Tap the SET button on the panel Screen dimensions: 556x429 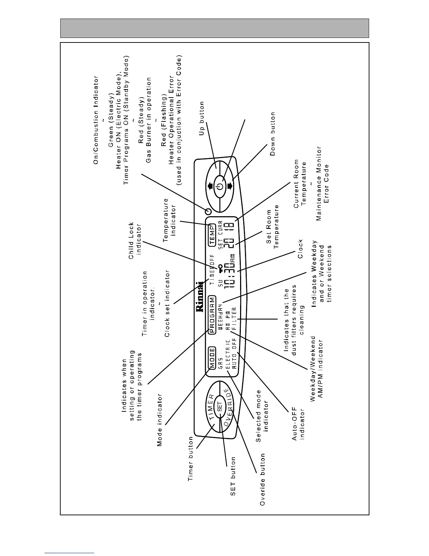point(220,406)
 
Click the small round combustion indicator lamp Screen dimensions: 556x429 point(208,212)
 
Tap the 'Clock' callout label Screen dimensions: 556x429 point(300,249)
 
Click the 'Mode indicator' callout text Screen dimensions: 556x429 point(160,420)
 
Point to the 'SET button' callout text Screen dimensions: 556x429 point(233,476)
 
